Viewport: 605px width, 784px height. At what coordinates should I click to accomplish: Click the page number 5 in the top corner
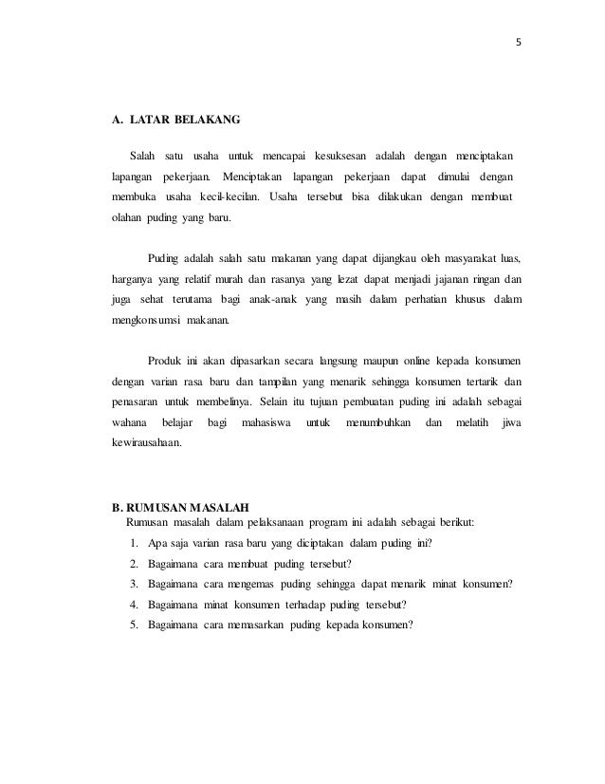point(519,42)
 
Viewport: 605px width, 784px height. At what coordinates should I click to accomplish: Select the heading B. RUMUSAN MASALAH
point(180,505)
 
